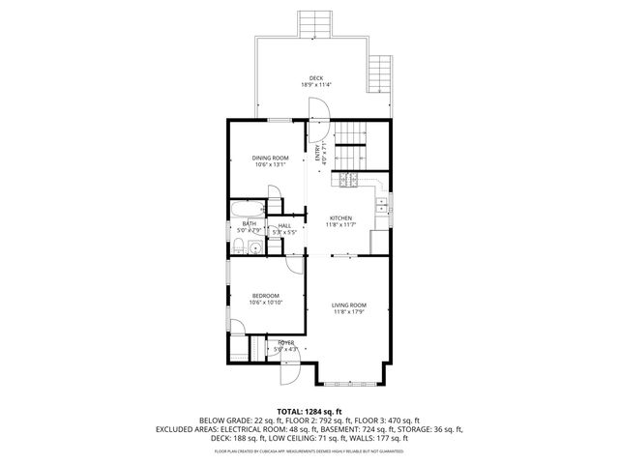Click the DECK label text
pyautogui.click(x=316, y=77)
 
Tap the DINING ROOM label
pyautogui.click(x=271, y=158)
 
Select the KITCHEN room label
pyautogui.click(x=340, y=217)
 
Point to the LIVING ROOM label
pyautogui.click(x=348, y=304)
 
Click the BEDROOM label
pyautogui.click(x=265, y=295)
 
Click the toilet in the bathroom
pyautogui.click(x=236, y=249)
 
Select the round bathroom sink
pyautogui.click(x=255, y=248)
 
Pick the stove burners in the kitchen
pyautogui.click(x=347, y=179)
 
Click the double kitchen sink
pyautogui.click(x=382, y=204)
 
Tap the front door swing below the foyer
pyautogui.click(x=289, y=371)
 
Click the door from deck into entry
pyautogui.click(x=325, y=107)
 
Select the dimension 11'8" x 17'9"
pyautogui.click(x=348, y=311)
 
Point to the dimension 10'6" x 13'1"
pyautogui.click(x=271, y=164)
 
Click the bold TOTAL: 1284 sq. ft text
pyautogui.click(x=309, y=411)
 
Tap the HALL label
pyautogui.click(x=284, y=225)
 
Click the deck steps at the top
pyautogui.click(x=312, y=24)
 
